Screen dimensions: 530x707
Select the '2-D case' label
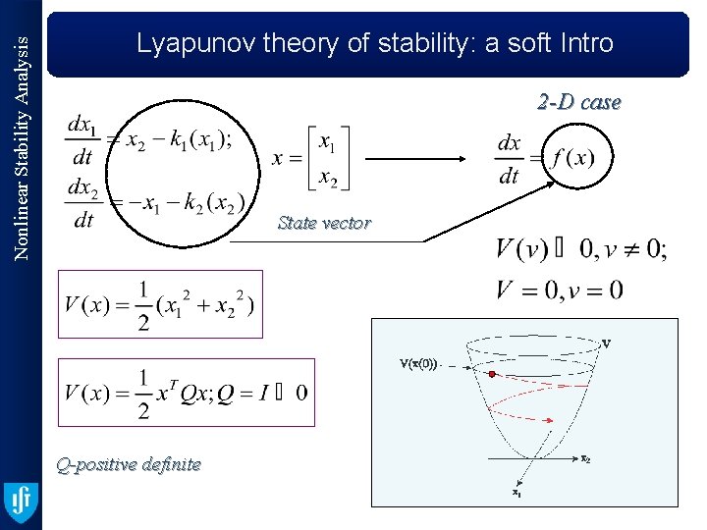578,102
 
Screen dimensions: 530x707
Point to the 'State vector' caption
324,223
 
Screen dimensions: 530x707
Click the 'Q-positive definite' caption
129,464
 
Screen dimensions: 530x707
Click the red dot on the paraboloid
490,374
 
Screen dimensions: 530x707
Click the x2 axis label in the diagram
585,458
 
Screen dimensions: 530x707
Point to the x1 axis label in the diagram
517,493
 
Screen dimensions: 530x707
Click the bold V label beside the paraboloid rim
607,344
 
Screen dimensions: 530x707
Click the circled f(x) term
573,158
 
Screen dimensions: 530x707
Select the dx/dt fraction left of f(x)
509,159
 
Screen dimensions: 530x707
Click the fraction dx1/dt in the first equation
83,140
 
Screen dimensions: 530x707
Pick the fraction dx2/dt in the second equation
83,202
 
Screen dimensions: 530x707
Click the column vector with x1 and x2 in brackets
324,158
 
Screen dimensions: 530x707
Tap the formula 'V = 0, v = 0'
560,290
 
